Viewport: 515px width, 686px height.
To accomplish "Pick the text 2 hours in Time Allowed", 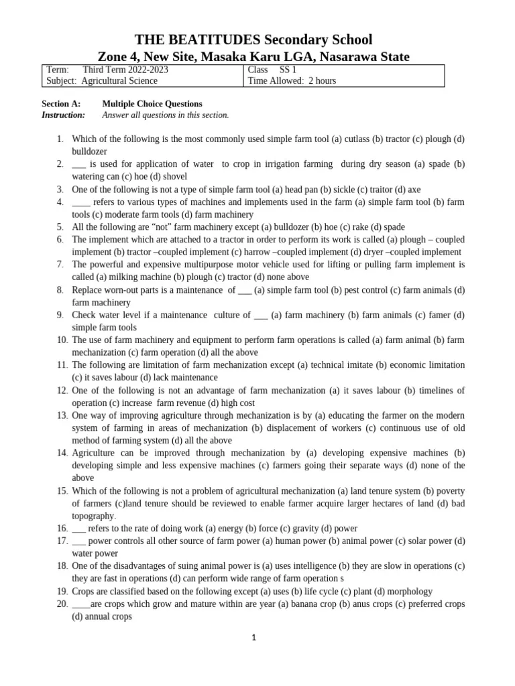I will coord(322,81).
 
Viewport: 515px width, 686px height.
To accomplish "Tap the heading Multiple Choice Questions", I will coord(152,104).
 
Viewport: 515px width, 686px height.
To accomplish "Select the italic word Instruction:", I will coord(64,115).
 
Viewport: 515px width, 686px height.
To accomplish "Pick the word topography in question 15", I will coord(93,516).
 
